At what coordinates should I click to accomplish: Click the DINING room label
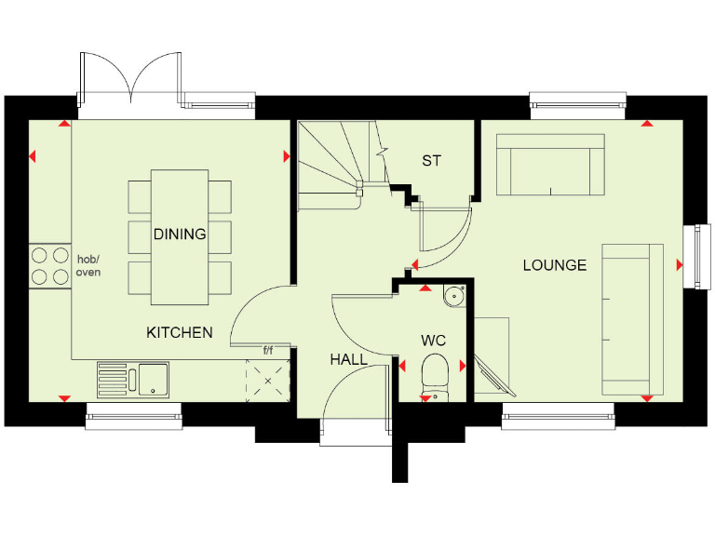coord(180,234)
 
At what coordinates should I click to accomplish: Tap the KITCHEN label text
coord(180,332)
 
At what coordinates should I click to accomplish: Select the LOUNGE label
coord(554,265)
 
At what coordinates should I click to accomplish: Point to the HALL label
coord(348,359)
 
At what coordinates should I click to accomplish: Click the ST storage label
coord(431,161)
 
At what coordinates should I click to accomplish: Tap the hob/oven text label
coord(88,265)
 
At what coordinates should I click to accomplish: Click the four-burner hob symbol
coord(50,264)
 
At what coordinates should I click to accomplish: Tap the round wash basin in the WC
coord(453,296)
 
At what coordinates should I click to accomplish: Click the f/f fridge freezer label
coord(268,351)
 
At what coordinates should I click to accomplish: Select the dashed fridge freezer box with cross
coord(268,381)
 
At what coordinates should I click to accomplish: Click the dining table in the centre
coord(180,237)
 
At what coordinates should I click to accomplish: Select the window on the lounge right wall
coord(695,257)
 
